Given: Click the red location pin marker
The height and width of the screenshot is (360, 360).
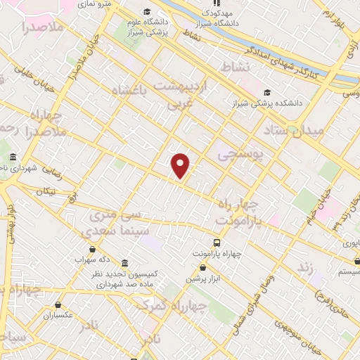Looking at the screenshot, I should coord(181,165).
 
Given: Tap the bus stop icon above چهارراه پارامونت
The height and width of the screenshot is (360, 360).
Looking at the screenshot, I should coord(217,240).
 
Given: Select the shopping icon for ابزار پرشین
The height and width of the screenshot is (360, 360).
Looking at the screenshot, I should coord(203,267).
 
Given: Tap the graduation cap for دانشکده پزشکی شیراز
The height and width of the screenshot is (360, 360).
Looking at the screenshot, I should coord(266,92).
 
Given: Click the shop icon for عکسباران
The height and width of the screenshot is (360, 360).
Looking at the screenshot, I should coord(57,305).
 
